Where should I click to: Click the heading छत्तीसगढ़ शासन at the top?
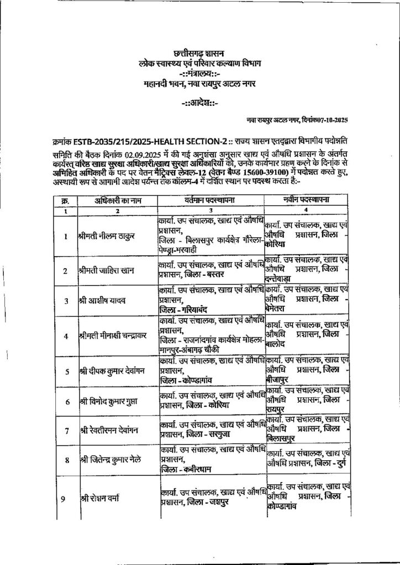[x=200, y=54]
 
